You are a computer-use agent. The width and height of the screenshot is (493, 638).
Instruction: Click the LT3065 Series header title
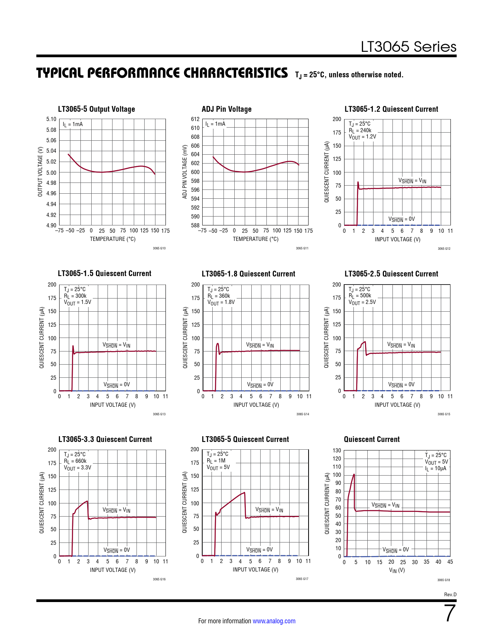click(408, 47)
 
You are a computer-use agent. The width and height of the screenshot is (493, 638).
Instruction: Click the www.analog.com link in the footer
click(274, 621)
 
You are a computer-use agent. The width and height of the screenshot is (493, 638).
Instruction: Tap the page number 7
click(450, 613)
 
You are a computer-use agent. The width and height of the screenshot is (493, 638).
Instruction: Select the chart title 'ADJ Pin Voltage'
click(227, 109)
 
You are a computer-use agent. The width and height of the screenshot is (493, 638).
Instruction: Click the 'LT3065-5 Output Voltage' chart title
click(96, 109)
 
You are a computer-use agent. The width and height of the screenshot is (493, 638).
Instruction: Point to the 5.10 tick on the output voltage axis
click(51, 119)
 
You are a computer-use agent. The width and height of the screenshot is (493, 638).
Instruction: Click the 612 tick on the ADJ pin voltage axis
click(195, 119)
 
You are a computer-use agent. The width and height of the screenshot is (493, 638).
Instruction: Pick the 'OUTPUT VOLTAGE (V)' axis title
click(40, 172)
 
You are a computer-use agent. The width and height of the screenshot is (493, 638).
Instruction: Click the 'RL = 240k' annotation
click(360, 130)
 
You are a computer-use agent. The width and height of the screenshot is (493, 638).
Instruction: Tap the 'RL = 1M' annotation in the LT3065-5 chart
click(216, 461)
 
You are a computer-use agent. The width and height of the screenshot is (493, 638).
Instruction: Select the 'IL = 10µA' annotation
click(435, 468)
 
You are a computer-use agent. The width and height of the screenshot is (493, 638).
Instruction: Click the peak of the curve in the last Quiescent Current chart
click(354, 474)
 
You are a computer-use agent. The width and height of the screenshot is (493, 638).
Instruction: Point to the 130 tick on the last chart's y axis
click(337, 450)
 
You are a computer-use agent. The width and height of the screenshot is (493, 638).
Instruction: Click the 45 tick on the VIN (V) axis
click(450, 562)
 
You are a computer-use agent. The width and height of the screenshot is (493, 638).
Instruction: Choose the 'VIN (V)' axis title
click(397, 570)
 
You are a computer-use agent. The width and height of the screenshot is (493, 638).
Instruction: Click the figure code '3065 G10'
click(159, 248)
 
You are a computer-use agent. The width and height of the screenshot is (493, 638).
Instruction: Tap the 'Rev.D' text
click(450, 594)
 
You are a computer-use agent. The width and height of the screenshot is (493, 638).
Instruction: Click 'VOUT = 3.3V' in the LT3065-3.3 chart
click(77, 467)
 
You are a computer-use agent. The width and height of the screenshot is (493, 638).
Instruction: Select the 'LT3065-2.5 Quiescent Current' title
click(391, 274)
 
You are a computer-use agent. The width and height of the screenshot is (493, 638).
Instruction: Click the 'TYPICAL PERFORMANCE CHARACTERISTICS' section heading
click(162, 73)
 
